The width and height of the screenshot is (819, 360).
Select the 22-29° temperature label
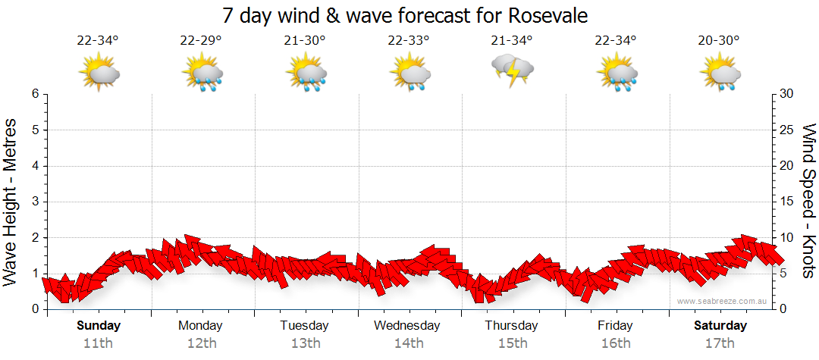201,40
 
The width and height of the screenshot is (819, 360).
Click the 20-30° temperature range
719,40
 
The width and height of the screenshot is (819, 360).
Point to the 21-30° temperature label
305,40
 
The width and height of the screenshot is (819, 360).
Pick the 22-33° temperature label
409,40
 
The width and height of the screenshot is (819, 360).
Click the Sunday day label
99,326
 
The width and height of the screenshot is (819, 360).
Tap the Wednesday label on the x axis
408,326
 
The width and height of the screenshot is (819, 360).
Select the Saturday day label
720,326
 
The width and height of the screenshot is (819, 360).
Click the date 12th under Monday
201,343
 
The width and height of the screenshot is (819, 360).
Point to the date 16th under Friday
615,343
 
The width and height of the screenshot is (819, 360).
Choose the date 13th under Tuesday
305,343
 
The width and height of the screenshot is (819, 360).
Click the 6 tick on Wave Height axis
34,94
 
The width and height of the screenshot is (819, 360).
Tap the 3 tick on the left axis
34,202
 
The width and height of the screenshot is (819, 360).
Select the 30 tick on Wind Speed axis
787,94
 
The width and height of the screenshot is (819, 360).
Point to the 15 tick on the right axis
787,202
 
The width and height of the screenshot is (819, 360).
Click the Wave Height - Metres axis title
12,202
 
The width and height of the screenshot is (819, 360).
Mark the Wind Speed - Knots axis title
808,202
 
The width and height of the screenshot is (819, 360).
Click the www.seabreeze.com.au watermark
723,301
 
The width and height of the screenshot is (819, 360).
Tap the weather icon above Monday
201,74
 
